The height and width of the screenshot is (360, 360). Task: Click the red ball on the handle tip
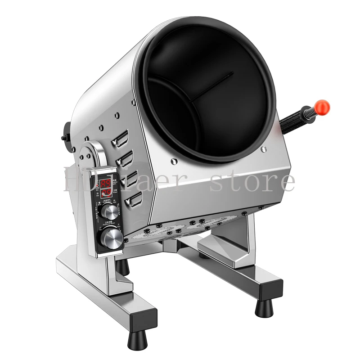click(x=322, y=107)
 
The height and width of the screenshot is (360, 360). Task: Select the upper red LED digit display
click(x=106, y=183)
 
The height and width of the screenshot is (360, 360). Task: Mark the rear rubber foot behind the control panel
click(x=122, y=267)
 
